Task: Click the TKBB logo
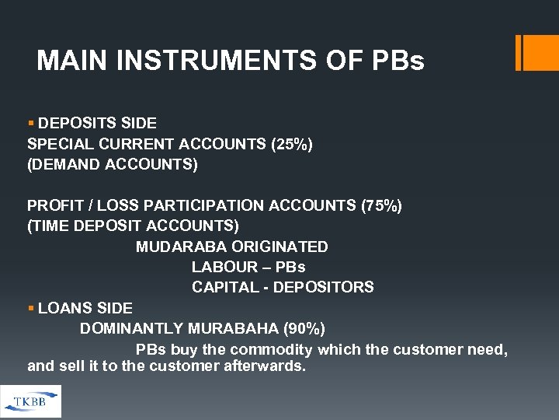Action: pyautogui.click(x=30, y=401)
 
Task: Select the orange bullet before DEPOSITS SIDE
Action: pyautogui.click(x=31, y=123)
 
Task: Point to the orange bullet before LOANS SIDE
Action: pyautogui.click(x=31, y=308)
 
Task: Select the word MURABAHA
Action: pyautogui.click(x=233, y=328)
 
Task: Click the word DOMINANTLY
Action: pyautogui.click(x=130, y=328)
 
